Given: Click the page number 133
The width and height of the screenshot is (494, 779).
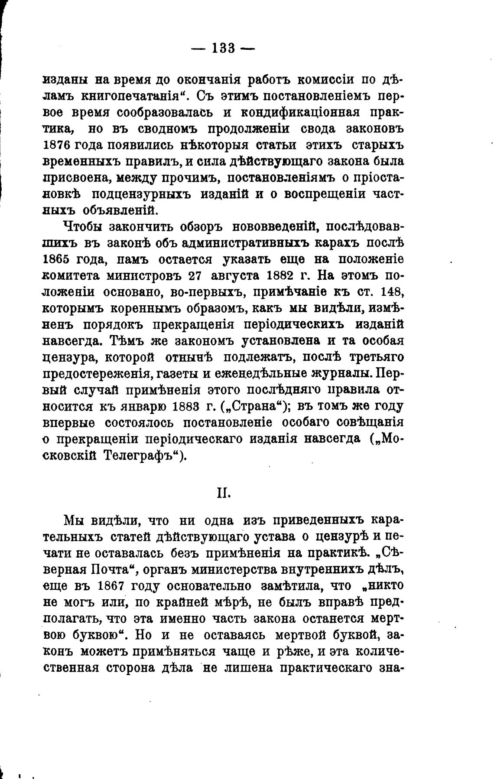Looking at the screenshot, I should (223, 48).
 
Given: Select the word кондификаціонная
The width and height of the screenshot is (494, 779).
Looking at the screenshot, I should (300, 112).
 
